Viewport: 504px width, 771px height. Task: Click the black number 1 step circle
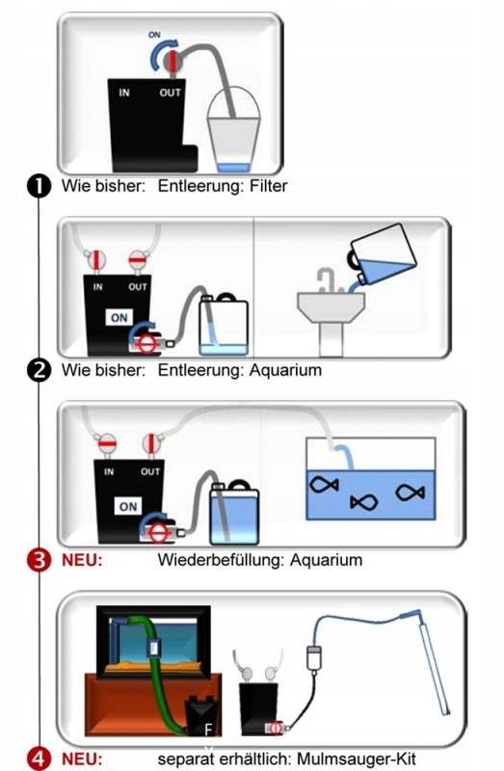click(x=39, y=186)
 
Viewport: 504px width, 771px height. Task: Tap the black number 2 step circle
click(x=39, y=370)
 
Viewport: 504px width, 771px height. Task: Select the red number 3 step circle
click(x=39, y=560)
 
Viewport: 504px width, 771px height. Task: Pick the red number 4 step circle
click(x=39, y=758)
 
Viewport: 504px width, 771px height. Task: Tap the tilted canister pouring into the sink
click(x=383, y=255)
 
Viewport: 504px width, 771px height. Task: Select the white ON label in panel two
click(x=119, y=318)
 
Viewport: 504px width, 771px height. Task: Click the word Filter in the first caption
click(x=268, y=186)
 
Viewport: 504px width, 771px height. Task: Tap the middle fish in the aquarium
click(x=364, y=502)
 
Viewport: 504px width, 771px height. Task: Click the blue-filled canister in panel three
click(x=234, y=513)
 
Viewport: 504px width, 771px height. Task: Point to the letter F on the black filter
click(x=208, y=730)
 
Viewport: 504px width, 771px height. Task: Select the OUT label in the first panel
click(x=170, y=93)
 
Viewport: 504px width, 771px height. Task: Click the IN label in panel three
click(x=109, y=471)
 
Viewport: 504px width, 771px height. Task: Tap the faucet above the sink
click(x=327, y=279)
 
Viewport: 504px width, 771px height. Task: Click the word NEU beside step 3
click(x=82, y=560)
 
